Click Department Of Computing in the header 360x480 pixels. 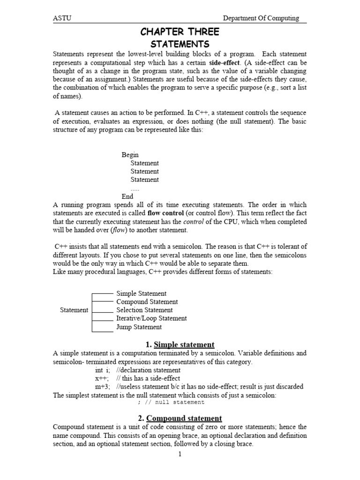point(261,18)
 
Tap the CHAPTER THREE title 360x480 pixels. point(180,32)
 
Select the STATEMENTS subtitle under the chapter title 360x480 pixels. point(180,45)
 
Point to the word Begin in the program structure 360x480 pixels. point(130,155)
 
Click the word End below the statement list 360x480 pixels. point(127,196)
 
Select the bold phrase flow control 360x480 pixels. point(166,213)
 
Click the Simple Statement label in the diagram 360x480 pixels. point(141,293)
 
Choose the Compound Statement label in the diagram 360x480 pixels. point(147,302)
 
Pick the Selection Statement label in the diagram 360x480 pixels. point(144,310)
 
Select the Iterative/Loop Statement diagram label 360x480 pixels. point(151,318)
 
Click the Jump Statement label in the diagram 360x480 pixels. point(139,327)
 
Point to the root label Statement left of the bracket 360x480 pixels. point(74,310)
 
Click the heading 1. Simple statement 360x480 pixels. point(180,345)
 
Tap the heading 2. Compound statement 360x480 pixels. point(180,418)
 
